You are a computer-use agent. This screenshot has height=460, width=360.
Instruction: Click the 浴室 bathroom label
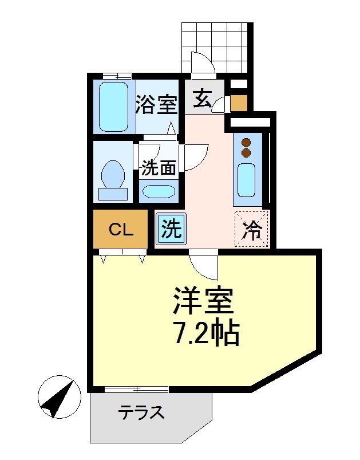[x=156, y=105]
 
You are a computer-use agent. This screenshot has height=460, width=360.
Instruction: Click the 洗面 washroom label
[x=159, y=168]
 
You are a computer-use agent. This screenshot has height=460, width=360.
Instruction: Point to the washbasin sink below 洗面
[x=159, y=191]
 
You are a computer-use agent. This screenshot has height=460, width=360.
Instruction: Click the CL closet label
[x=121, y=230]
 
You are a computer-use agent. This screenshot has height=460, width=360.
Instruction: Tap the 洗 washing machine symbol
[x=171, y=229]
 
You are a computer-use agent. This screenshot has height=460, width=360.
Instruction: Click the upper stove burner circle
[x=247, y=142]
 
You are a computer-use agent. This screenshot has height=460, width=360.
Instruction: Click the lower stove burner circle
[x=247, y=153]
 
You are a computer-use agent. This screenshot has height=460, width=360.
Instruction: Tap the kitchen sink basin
[x=246, y=179]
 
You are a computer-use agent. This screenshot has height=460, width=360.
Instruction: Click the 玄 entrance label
[x=201, y=99]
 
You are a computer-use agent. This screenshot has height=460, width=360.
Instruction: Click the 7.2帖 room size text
[x=205, y=332]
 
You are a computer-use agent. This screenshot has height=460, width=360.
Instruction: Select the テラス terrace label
[x=141, y=412]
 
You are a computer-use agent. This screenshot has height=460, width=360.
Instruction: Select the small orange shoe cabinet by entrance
[x=239, y=103]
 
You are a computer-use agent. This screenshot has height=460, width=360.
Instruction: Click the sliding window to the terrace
[x=137, y=390]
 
